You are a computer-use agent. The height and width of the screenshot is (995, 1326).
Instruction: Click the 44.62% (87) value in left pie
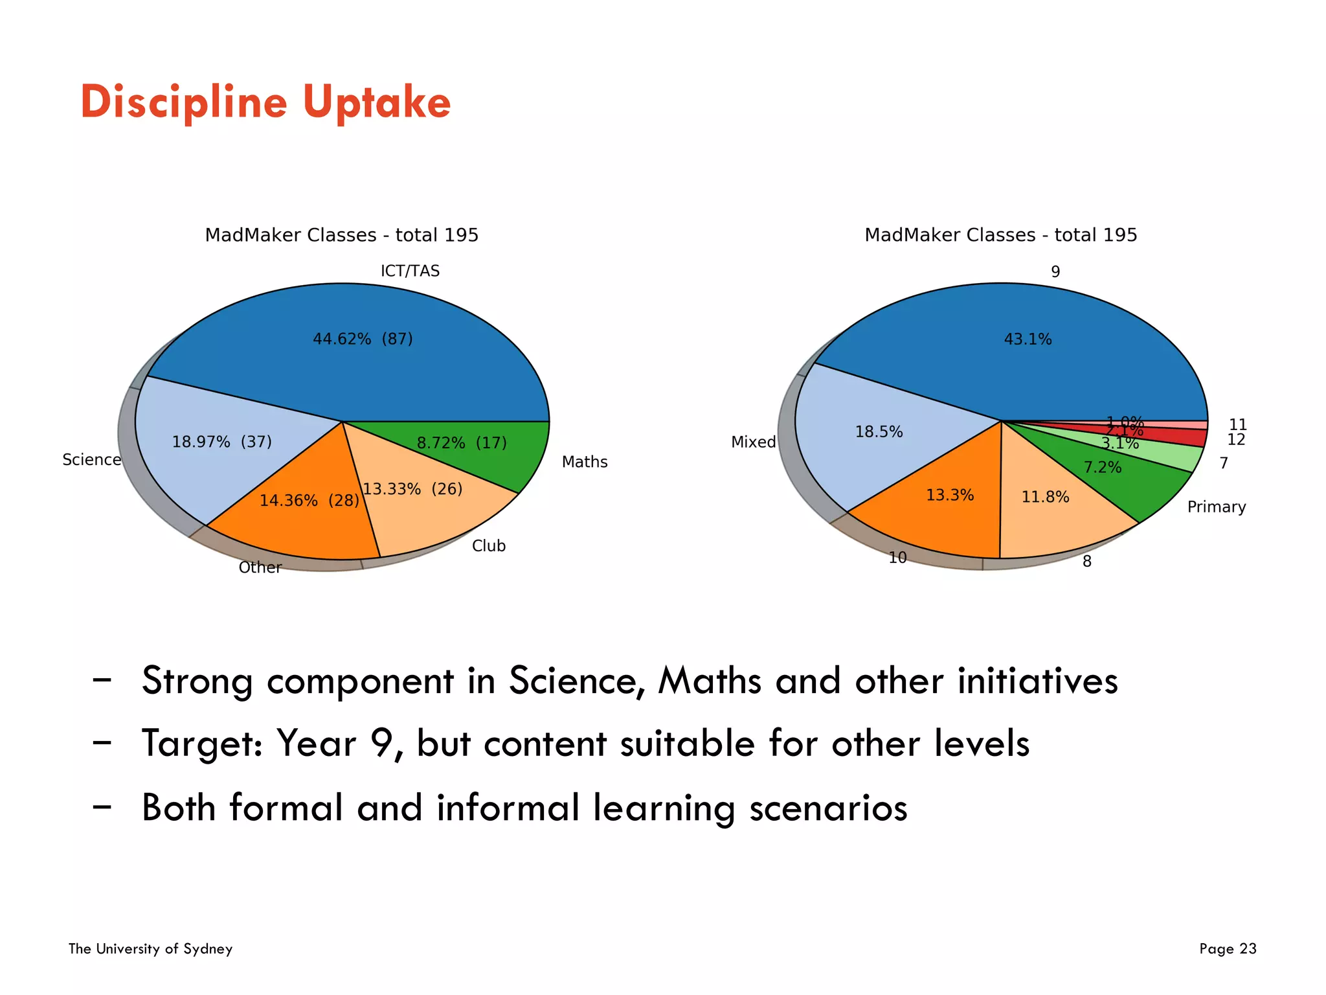pos(363,339)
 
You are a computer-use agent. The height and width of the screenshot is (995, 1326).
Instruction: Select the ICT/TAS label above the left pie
pos(410,271)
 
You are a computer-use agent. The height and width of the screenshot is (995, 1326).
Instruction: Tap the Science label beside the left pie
pos(91,460)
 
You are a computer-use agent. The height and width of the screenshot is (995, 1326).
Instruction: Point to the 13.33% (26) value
pos(412,489)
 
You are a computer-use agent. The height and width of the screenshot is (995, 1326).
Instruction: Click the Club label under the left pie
pos(489,546)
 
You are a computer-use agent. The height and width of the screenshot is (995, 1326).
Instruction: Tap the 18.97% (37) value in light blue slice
pos(221,442)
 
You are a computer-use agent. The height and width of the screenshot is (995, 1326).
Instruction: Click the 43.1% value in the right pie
pos(1028,339)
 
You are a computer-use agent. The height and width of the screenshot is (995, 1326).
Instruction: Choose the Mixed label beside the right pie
pos(753,442)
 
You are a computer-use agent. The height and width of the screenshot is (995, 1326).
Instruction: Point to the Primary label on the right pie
pos(1216,507)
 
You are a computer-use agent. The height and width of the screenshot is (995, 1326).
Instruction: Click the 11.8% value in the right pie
pos(1045,497)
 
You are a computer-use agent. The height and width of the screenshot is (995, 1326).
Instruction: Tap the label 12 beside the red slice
pos(1236,440)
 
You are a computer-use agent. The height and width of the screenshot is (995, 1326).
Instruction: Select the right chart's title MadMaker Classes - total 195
pos(1000,235)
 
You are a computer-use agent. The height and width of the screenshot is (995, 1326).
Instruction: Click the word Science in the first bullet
pos(576,681)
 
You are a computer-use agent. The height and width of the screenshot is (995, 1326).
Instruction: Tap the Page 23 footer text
pos(1227,949)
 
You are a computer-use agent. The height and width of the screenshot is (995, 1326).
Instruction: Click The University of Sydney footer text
pos(150,949)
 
